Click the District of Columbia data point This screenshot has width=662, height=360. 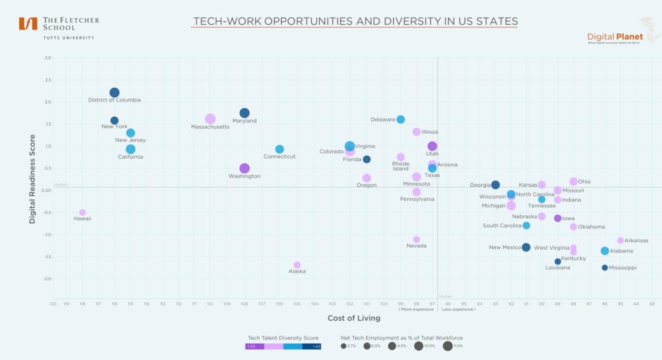click(115, 92)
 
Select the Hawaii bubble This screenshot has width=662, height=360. click(82, 212)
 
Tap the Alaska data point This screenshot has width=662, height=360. click(297, 265)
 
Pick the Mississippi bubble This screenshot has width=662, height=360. click(604, 268)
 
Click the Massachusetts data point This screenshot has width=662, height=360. click(210, 119)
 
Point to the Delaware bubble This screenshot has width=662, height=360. click(401, 119)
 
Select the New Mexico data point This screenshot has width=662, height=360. click(526, 247)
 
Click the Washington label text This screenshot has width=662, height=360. click(244, 176)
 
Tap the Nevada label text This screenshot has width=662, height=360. click(416, 246)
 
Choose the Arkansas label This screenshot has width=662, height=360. click(636, 240)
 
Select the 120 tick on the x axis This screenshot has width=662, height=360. click(53, 304)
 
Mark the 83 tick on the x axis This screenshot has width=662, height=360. click(652, 304)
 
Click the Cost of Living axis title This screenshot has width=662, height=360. click(354, 318)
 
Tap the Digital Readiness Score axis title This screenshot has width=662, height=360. click(32, 179)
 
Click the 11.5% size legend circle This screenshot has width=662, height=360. click(448, 346)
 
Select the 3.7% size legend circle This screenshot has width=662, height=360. click(344, 346)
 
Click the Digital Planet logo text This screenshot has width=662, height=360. click(615, 37)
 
